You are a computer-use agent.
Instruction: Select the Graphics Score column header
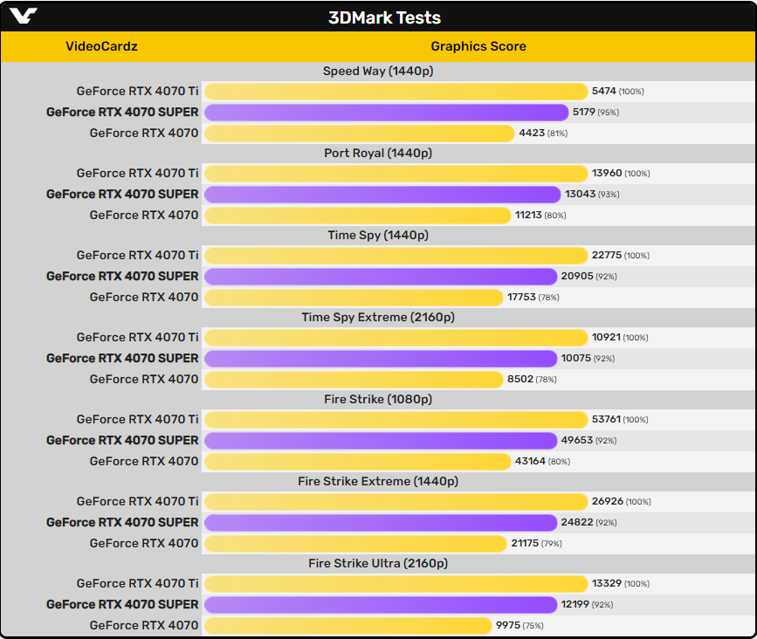(x=478, y=46)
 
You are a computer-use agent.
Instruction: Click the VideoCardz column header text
(x=101, y=46)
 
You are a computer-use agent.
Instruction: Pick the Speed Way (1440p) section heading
(x=378, y=71)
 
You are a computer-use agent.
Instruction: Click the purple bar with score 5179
(x=386, y=113)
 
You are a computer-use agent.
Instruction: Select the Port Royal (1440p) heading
(x=378, y=153)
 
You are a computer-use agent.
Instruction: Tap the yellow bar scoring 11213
(x=357, y=216)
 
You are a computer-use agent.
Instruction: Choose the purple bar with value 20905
(x=381, y=277)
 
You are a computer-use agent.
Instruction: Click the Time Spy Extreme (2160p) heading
(x=378, y=317)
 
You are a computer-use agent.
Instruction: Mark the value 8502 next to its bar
(x=520, y=380)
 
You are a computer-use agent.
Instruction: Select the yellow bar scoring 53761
(x=396, y=420)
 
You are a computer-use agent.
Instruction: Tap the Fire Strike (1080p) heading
(x=378, y=399)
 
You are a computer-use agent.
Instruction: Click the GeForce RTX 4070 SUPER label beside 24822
(x=122, y=523)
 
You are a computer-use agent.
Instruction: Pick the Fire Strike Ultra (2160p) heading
(x=378, y=563)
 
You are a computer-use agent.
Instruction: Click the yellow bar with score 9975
(x=348, y=626)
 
